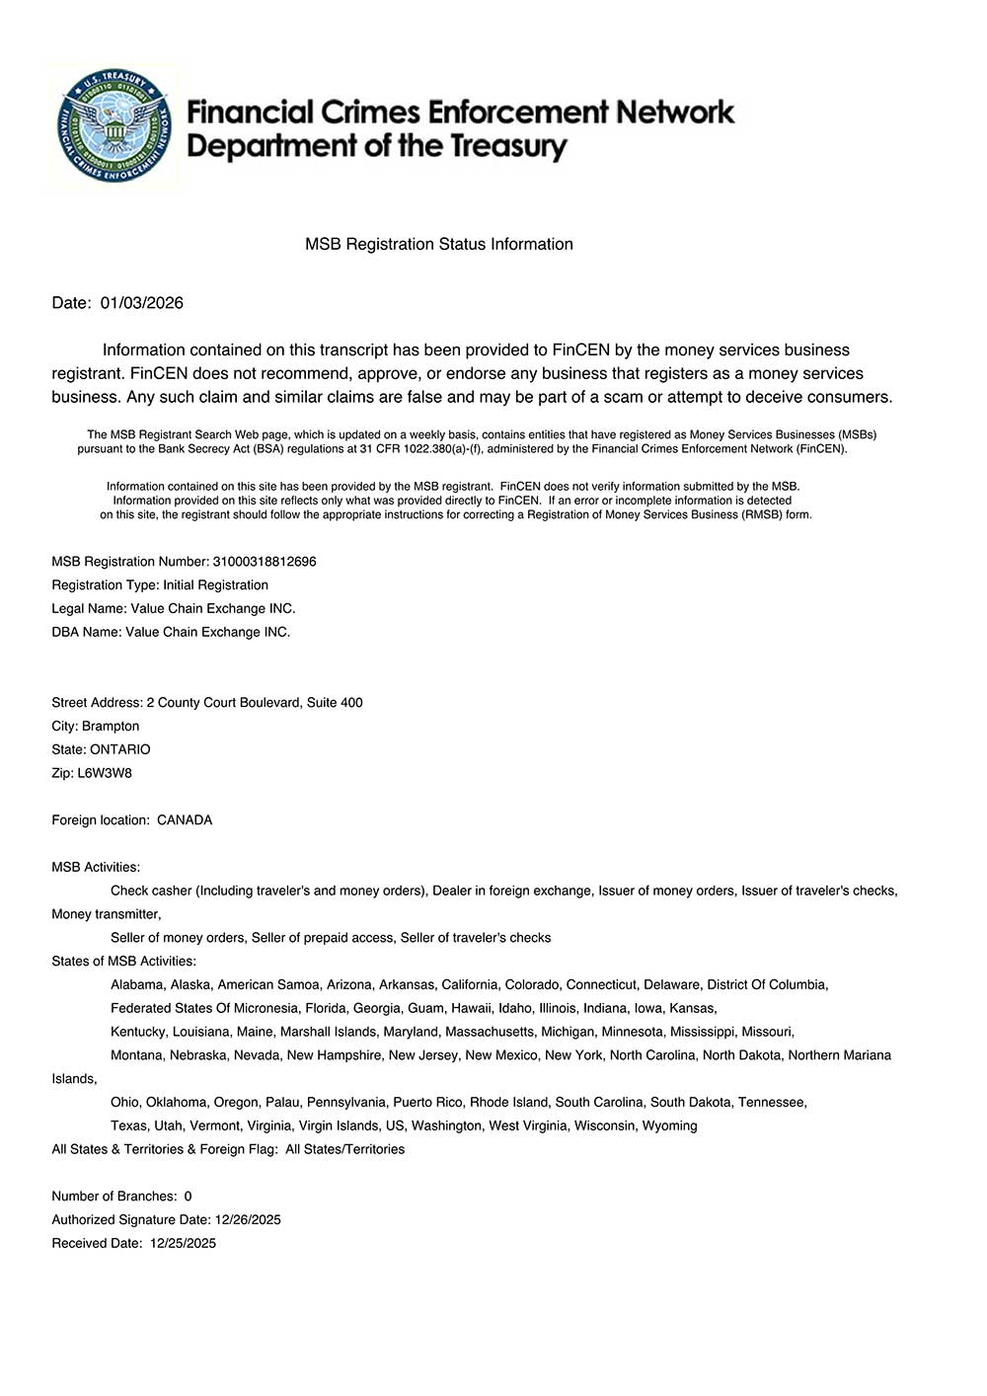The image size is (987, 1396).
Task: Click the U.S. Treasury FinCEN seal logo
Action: pyautogui.click(x=114, y=126)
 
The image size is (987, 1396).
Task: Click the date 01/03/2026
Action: pyautogui.click(x=142, y=303)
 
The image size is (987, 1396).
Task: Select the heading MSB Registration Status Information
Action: pyautogui.click(x=438, y=244)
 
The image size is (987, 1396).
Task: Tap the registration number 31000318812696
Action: pyautogui.click(x=265, y=562)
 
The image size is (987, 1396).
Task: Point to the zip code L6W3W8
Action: pyautogui.click(x=105, y=773)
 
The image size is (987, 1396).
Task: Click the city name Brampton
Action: pyautogui.click(x=111, y=726)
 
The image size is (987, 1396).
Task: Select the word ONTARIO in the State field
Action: pyautogui.click(x=120, y=749)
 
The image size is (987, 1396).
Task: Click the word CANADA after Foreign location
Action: pyautogui.click(x=185, y=820)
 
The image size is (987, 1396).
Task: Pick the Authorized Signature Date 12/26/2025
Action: pyautogui.click(x=248, y=1220)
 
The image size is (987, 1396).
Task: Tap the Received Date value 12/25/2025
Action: pyautogui.click(x=183, y=1244)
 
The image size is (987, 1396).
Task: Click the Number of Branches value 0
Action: pyautogui.click(x=189, y=1197)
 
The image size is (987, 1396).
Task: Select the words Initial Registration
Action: pyautogui.click(x=215, y=585)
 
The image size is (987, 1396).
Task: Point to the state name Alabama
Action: pyautogui.click(x=137, y=984)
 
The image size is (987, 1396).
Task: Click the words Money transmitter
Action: pyautogui.click(x=106, y=914)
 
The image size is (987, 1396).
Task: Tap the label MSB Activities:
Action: pyautogui.click(x=96, y=867)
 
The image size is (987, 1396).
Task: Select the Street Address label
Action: pyautogui.click(x=97, y=703)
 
